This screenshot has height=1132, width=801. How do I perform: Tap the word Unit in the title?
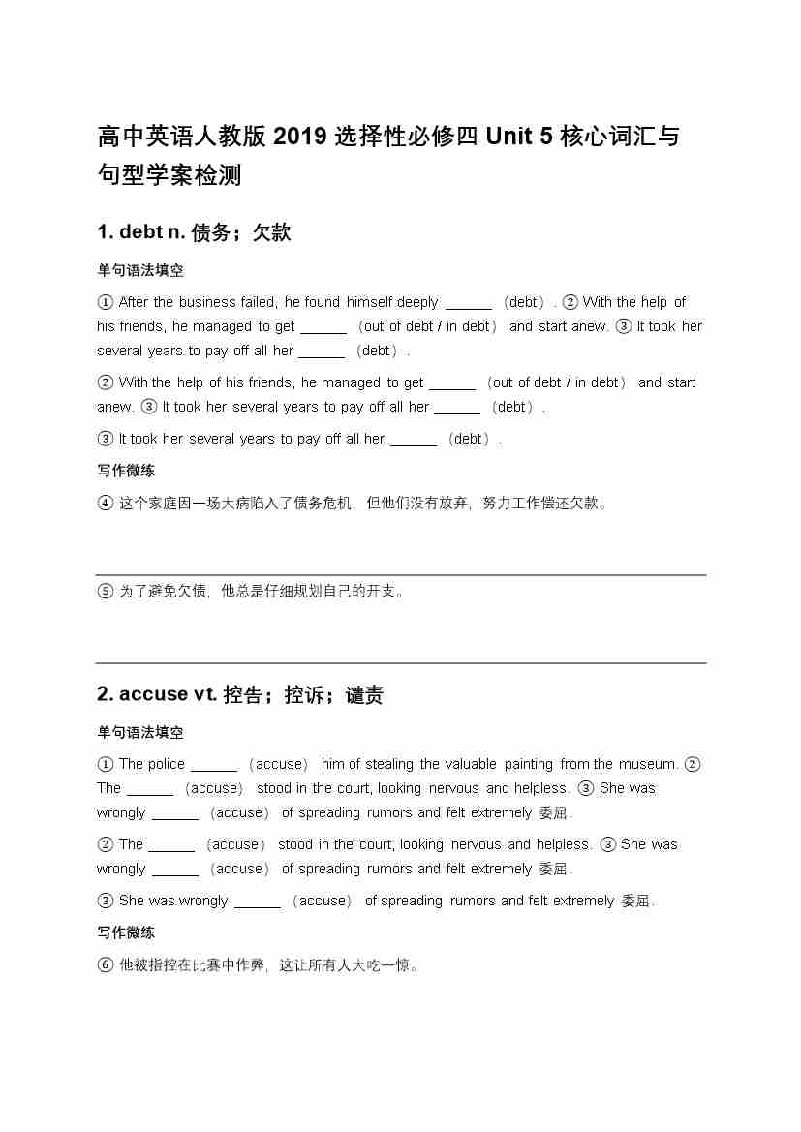[508, 137]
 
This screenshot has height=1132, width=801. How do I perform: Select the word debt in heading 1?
[141, 232]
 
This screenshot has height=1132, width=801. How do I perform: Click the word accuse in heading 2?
[153, 694]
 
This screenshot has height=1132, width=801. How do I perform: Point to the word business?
[207, 302]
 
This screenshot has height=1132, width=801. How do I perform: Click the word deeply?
[417, 302]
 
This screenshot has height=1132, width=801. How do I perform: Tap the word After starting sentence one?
[134, 302]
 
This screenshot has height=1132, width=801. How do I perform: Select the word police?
[165, 764]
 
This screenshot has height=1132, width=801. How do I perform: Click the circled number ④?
[106, 503]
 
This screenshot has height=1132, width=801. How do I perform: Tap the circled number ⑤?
[106, 591]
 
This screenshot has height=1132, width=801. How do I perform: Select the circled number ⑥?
[106, 964]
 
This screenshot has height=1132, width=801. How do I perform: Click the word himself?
[369, 302]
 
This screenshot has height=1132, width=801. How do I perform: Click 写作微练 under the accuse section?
[126, 933]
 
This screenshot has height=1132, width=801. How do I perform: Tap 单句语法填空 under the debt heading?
[139, 271]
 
